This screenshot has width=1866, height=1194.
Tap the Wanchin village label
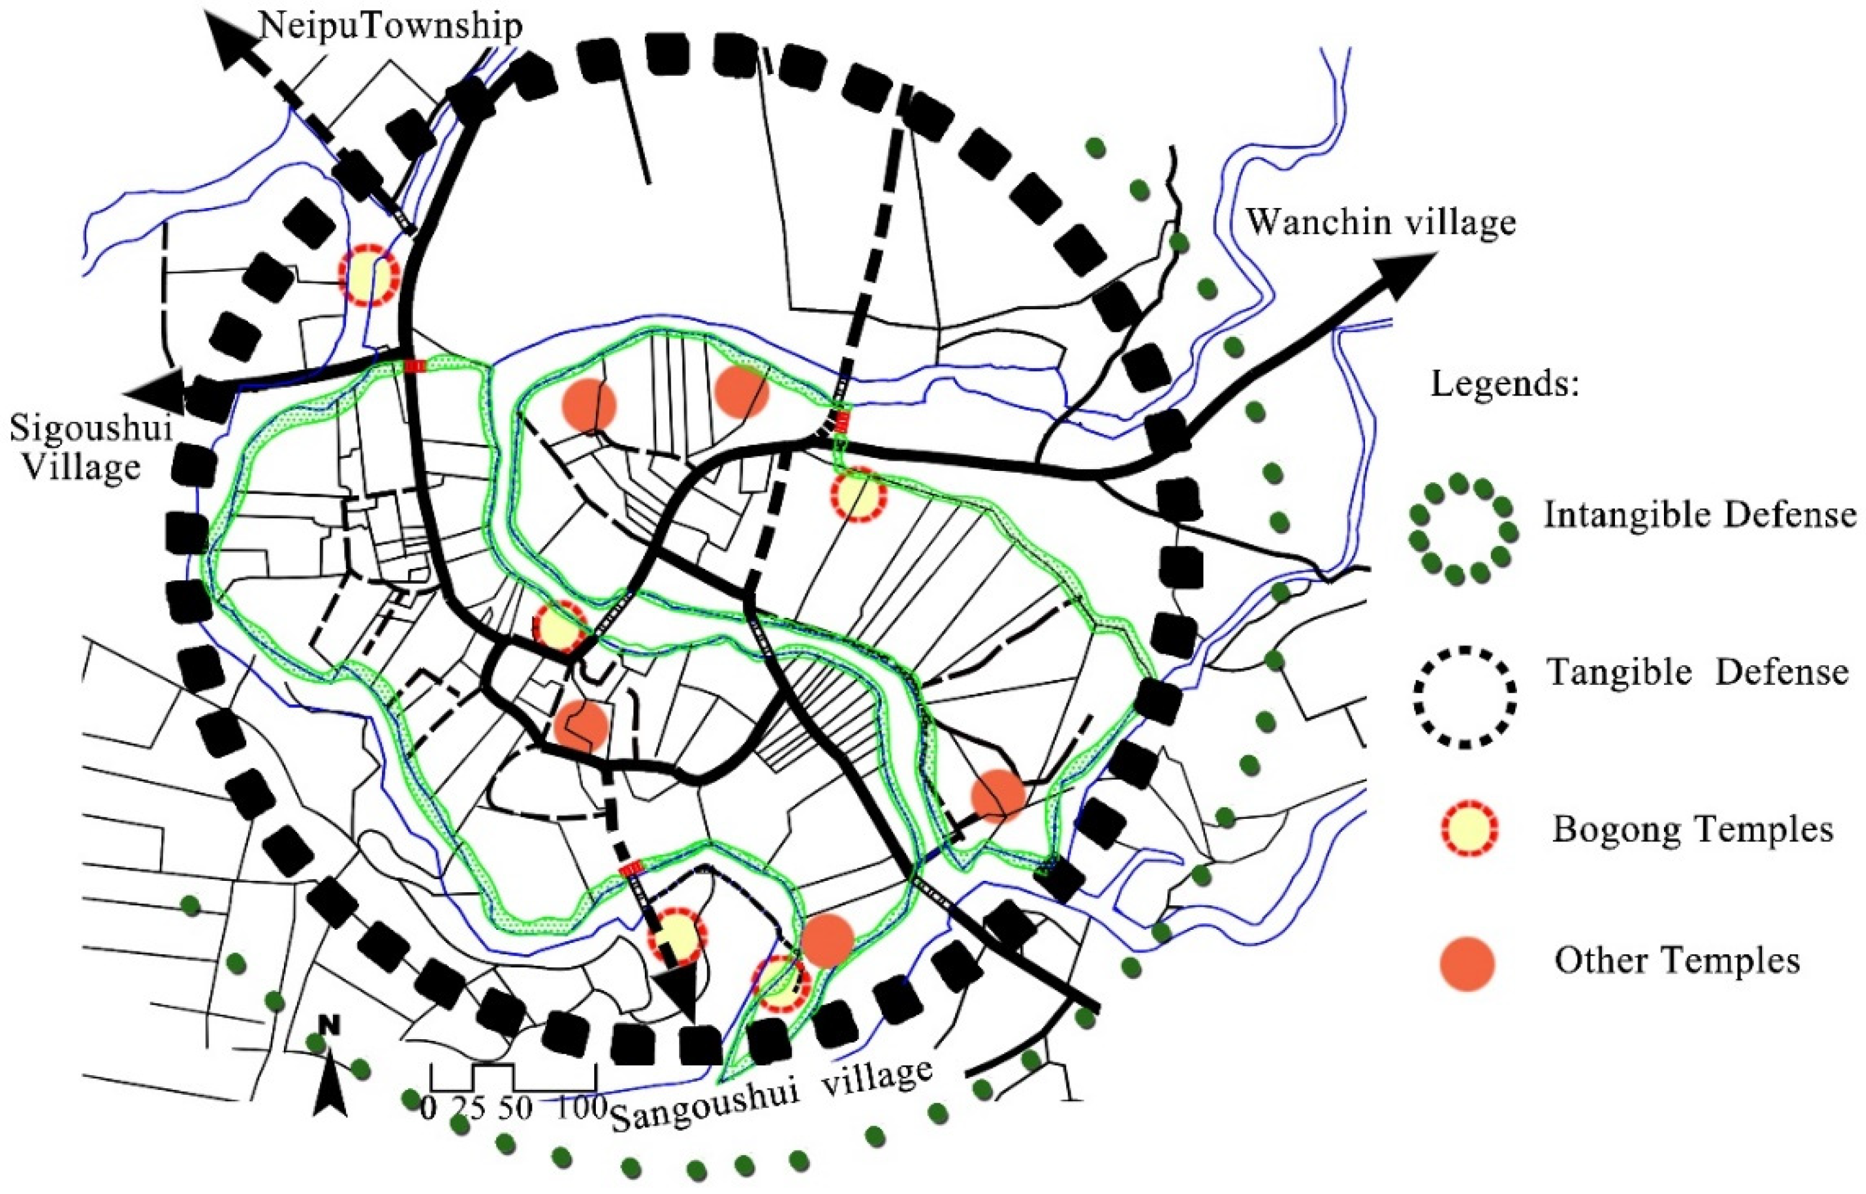click(x=1380, y=222)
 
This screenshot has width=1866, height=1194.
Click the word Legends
click(x=1504, y=384)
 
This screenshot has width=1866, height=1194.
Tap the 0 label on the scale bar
click(x=428, y=1107)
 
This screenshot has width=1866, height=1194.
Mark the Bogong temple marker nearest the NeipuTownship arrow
click(x=369, y=275)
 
